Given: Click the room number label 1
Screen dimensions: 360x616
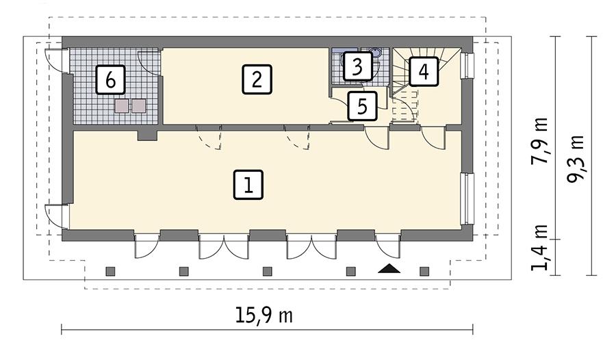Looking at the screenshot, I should coord(248,185).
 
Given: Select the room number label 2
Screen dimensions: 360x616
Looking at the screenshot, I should coord(257,79).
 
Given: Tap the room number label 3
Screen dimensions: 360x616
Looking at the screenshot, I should coord(357,66).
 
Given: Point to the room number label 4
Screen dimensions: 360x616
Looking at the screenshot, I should coord(424,71).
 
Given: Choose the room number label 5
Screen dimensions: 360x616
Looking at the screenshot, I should coord(362,106).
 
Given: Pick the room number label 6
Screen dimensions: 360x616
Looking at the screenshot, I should coord(111,80).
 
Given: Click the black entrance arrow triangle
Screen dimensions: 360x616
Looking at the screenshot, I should coord(389,268).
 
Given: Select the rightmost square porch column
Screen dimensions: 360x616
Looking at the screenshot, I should coord(424,272).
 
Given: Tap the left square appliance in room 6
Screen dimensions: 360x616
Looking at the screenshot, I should coord(123,105).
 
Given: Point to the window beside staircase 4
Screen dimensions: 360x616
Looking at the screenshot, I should coord(467,66).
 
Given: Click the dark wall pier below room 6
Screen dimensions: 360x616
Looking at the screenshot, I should coord(147,134).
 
